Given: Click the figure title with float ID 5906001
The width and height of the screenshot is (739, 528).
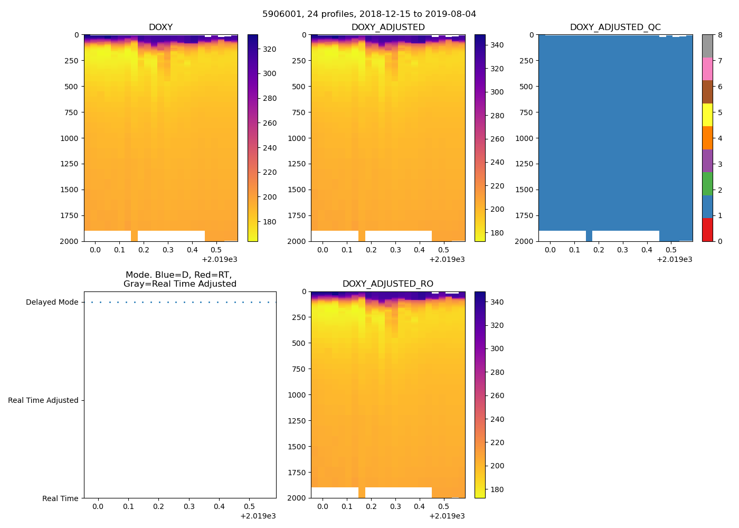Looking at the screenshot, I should tap(369, 14).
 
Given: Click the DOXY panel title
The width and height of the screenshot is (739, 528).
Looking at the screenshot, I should tap(160, 27).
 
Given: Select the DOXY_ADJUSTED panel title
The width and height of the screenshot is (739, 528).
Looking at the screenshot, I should tap(388, 27).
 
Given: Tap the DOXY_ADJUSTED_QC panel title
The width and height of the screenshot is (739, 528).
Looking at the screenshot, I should tap(615, 27).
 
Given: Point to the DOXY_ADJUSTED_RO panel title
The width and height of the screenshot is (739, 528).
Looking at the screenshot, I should tap(388, 284).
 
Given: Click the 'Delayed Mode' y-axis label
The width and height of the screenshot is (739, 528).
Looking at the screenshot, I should tap(52, 303).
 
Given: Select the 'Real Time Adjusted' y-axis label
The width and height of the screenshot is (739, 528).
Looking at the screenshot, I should tap(43, 401).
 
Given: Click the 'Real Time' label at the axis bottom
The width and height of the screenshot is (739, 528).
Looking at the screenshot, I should tap(60, 498).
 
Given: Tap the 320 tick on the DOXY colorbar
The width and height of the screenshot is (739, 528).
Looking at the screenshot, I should tap(270, 49).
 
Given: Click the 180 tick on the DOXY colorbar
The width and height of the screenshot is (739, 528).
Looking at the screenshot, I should tap(270, 222).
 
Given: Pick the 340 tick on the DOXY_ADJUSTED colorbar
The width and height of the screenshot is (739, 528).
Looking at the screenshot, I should tap(497, 45).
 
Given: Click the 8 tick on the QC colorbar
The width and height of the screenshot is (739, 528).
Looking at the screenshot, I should tap(719, 35).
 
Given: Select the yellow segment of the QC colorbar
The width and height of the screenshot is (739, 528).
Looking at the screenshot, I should tap(707, 115).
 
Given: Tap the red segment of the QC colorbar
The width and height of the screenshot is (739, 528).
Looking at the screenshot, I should tap(707, 230).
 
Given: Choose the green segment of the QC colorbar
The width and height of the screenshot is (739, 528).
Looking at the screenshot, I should tap(707, 184).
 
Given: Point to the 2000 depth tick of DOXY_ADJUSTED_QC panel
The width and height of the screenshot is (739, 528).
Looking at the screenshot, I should tap(526, 241).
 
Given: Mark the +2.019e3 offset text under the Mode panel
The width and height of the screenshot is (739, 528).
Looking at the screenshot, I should tap(258, 516).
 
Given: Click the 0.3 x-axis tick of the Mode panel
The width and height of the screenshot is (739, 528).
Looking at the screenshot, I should tap(189, 507).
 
